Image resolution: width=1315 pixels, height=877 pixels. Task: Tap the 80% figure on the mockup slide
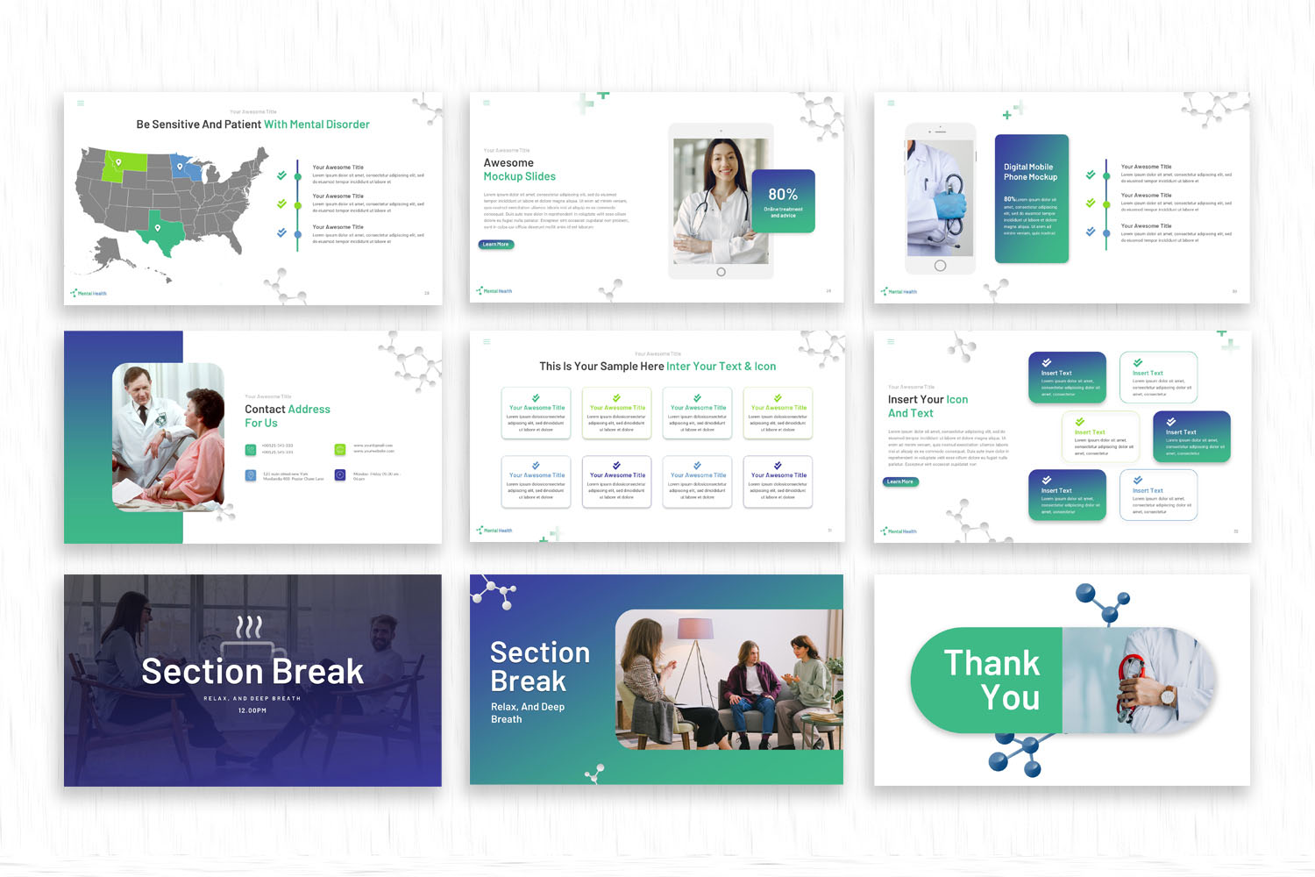pos(783,194)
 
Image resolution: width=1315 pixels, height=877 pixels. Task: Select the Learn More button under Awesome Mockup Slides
pos(496,245)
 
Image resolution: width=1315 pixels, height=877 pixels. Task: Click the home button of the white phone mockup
pos(940,266)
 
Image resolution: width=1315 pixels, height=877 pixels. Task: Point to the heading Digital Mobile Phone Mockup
pos(1030,172)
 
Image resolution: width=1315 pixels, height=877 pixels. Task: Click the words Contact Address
pos(288,410)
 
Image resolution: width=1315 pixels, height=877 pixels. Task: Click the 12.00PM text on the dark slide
pos(252,710)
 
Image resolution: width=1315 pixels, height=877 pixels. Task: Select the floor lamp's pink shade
pos(696,628)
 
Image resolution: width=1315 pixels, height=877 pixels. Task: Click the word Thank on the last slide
pos(992,663)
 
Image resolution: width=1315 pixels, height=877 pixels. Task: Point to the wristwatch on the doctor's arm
pos(1169,697)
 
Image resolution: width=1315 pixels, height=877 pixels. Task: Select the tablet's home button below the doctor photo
pos(721,272)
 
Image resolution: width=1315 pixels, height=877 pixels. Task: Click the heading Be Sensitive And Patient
pos(199,125)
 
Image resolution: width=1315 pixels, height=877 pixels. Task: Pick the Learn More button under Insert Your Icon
pos(900,481)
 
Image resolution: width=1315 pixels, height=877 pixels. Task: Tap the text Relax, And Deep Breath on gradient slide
pos(528,713)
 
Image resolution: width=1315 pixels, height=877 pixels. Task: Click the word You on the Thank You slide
pos(1011,698)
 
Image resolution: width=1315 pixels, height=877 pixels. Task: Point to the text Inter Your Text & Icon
pos(721,367)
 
